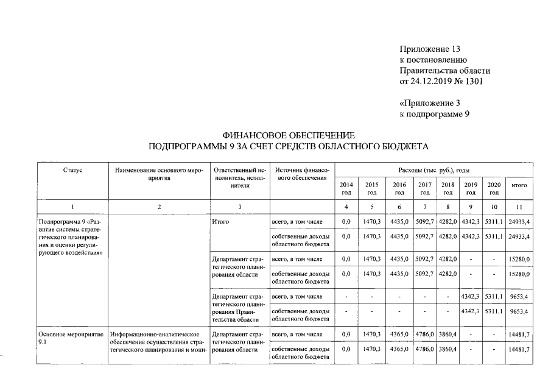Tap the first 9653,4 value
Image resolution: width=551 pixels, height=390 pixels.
point(519,297)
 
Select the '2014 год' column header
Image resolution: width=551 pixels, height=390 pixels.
point(346,188)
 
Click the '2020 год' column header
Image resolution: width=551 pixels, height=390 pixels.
point(494,188)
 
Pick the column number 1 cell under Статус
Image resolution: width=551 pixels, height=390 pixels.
point(72,207)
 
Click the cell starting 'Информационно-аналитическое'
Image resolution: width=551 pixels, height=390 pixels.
point(158,335)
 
